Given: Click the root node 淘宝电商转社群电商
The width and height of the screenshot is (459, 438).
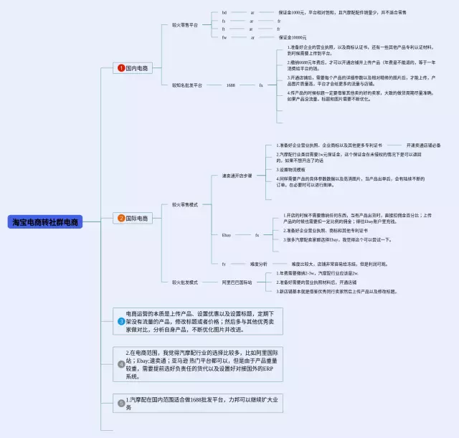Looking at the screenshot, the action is [x=47, y=223].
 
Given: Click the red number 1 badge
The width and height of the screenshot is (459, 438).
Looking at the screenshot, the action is [x=121, y=68].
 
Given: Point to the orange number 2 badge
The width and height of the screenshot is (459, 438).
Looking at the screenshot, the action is [x=121, y=218].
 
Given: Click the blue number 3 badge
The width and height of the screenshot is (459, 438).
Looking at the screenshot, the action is [x=121, y=322].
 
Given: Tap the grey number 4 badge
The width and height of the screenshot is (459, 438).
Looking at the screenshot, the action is [x=121, y=364].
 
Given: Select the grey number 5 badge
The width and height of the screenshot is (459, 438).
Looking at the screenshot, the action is [x=121, y=403].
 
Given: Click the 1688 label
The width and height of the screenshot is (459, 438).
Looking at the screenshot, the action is [x=231, y=85].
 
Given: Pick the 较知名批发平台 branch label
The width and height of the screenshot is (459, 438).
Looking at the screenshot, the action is [x=187, y=85].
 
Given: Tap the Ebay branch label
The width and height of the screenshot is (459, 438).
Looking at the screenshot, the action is [x=226, y=234].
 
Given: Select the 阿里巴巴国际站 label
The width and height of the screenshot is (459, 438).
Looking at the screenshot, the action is [x=237, y=282].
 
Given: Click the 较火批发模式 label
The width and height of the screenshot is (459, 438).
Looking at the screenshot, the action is [x=185, y=282].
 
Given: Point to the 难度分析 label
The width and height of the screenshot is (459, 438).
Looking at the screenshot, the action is [x=258, y=264].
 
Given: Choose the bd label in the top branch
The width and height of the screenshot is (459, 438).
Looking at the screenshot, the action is [x=224, y=13].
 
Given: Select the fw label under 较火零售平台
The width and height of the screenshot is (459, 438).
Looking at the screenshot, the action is [x=224, y=37].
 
